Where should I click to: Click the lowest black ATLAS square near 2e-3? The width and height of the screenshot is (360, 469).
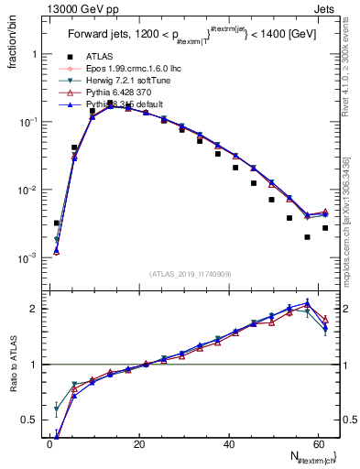307,237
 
